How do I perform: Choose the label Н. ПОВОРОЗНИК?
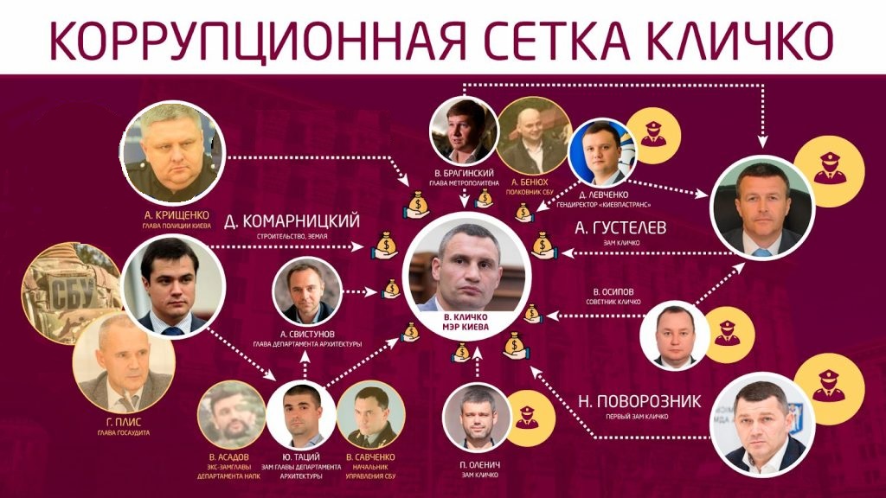pos(640,400)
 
